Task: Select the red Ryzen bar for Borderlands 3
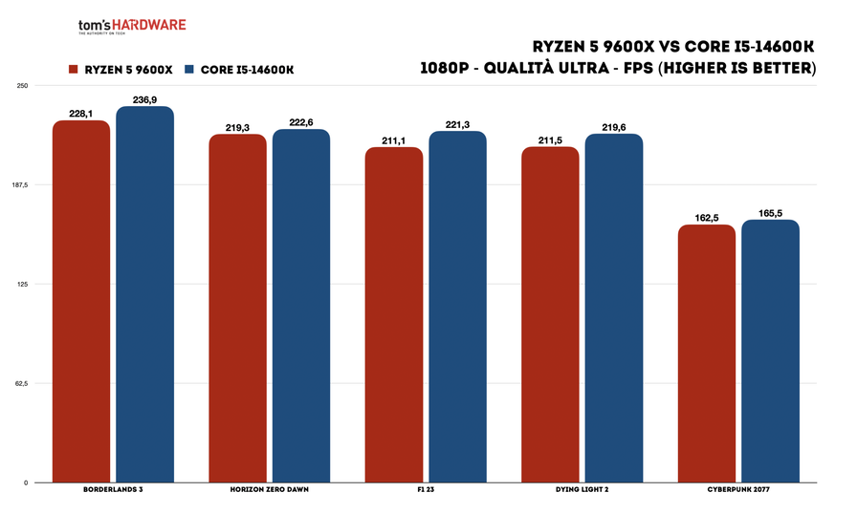[x=81, y=301]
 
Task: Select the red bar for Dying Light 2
[x=550, y=314]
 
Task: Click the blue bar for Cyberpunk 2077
[x=770, y=351]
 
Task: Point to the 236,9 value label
[x=144, y=98]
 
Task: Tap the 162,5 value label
[x=707, y=218]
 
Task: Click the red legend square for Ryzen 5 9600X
[x=72, y=69]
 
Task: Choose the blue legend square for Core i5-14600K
[x=189, y=69]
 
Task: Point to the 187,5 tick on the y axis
[x=20, y=185]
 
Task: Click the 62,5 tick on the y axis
[x=22, y=383]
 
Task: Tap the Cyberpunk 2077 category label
[x=738, y=491]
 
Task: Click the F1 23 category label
[x=426, y=491]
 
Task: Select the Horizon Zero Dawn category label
[x=269, y=491]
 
